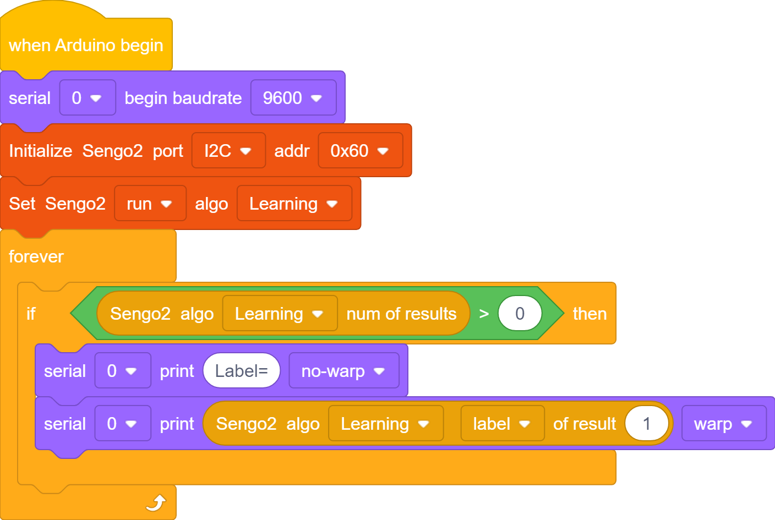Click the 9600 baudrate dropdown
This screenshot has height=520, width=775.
pyautogui.click(x=293, y=97)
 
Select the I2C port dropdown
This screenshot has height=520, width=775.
pyautogui.click(x=228, y=151)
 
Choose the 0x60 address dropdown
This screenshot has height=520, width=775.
pyautogui.click(x=361, y=151)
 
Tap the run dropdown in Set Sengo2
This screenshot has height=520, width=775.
pyautogui.click(x=150, y=204)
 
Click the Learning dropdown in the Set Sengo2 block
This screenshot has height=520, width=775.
pyautogui.click(x=294, y=204)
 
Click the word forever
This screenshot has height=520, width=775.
pyautogui.click(x=36, y=256)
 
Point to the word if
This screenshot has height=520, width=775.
pyautogui.click(x=31, y=314)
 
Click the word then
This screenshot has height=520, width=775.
pyautogui.click(x=590, y=314)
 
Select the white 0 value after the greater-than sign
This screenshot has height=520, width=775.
pyautogui.click(x=520, y=314)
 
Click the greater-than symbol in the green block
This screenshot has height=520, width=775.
pyautogui.click(x=484, y=314)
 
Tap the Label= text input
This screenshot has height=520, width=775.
pyautogui.click(x=242, y=371)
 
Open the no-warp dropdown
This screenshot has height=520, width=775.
pyautogui.click(x=344, y=371)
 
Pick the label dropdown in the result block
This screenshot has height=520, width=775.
pyautogui.click(x=503, y=424)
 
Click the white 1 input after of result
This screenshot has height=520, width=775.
pyautogui.click(x=646, y=424)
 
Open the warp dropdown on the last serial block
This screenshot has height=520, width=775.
pyautogui.click(x=724, y=424)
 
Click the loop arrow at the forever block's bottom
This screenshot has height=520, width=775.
pyautogui.click(x=156, y=503)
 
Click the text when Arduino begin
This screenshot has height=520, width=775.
pyautogui.click(x=86, y=46)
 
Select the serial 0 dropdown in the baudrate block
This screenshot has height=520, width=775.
pyautogui.click(x=88, y=97)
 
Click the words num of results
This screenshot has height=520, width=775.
pyautogui.click(x=401, y=314)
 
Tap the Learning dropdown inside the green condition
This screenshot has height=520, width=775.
pyautogui.click(x=280, y=314)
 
